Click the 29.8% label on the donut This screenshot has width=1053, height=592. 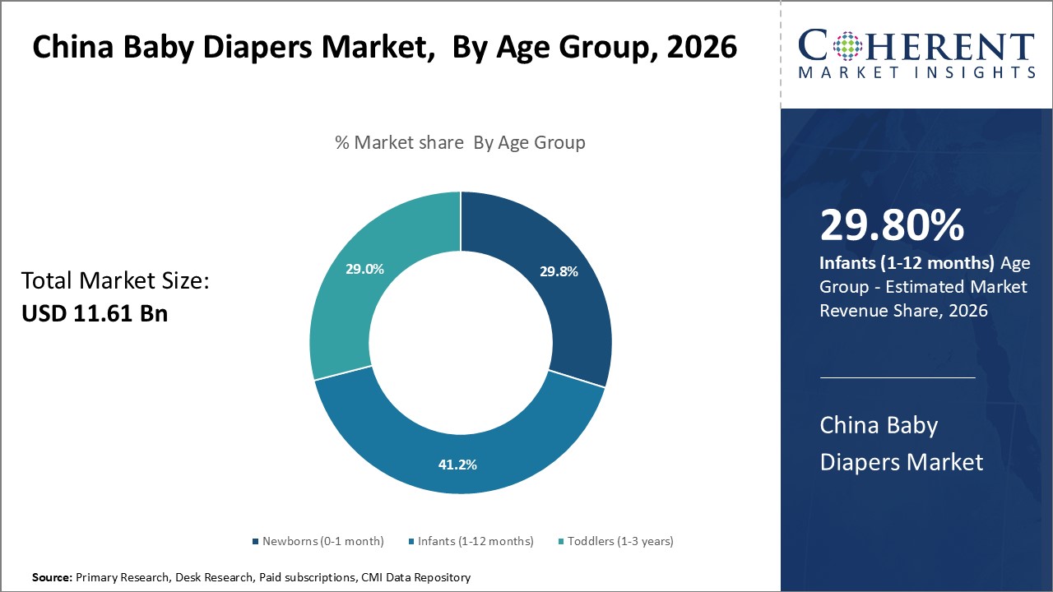pyautogui.click(x=559, y=272)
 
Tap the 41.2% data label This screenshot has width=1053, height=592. pyautogui.click(x=457, y=465)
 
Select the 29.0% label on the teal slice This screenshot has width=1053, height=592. pyautogui.click(x=364, y=269)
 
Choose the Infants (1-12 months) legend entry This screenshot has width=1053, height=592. pyautogui.click(x=471, y=541)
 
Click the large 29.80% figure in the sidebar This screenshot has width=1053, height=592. pyautogui.click(x=892, y=225)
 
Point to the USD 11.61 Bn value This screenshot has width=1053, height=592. pyautogui.click(x=95, y=313)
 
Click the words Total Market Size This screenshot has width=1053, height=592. pyautogui.click(x=115, y=281)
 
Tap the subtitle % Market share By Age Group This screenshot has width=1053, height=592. pyautogui.click(x=460, y=142)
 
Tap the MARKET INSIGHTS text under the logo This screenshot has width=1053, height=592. pyautogui.click(x=916, y=72)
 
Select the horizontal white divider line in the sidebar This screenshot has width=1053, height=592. pyautogui.click(x=898, y=377)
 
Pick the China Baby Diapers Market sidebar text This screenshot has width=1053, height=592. pyautogui.click(x=901, y=443)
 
